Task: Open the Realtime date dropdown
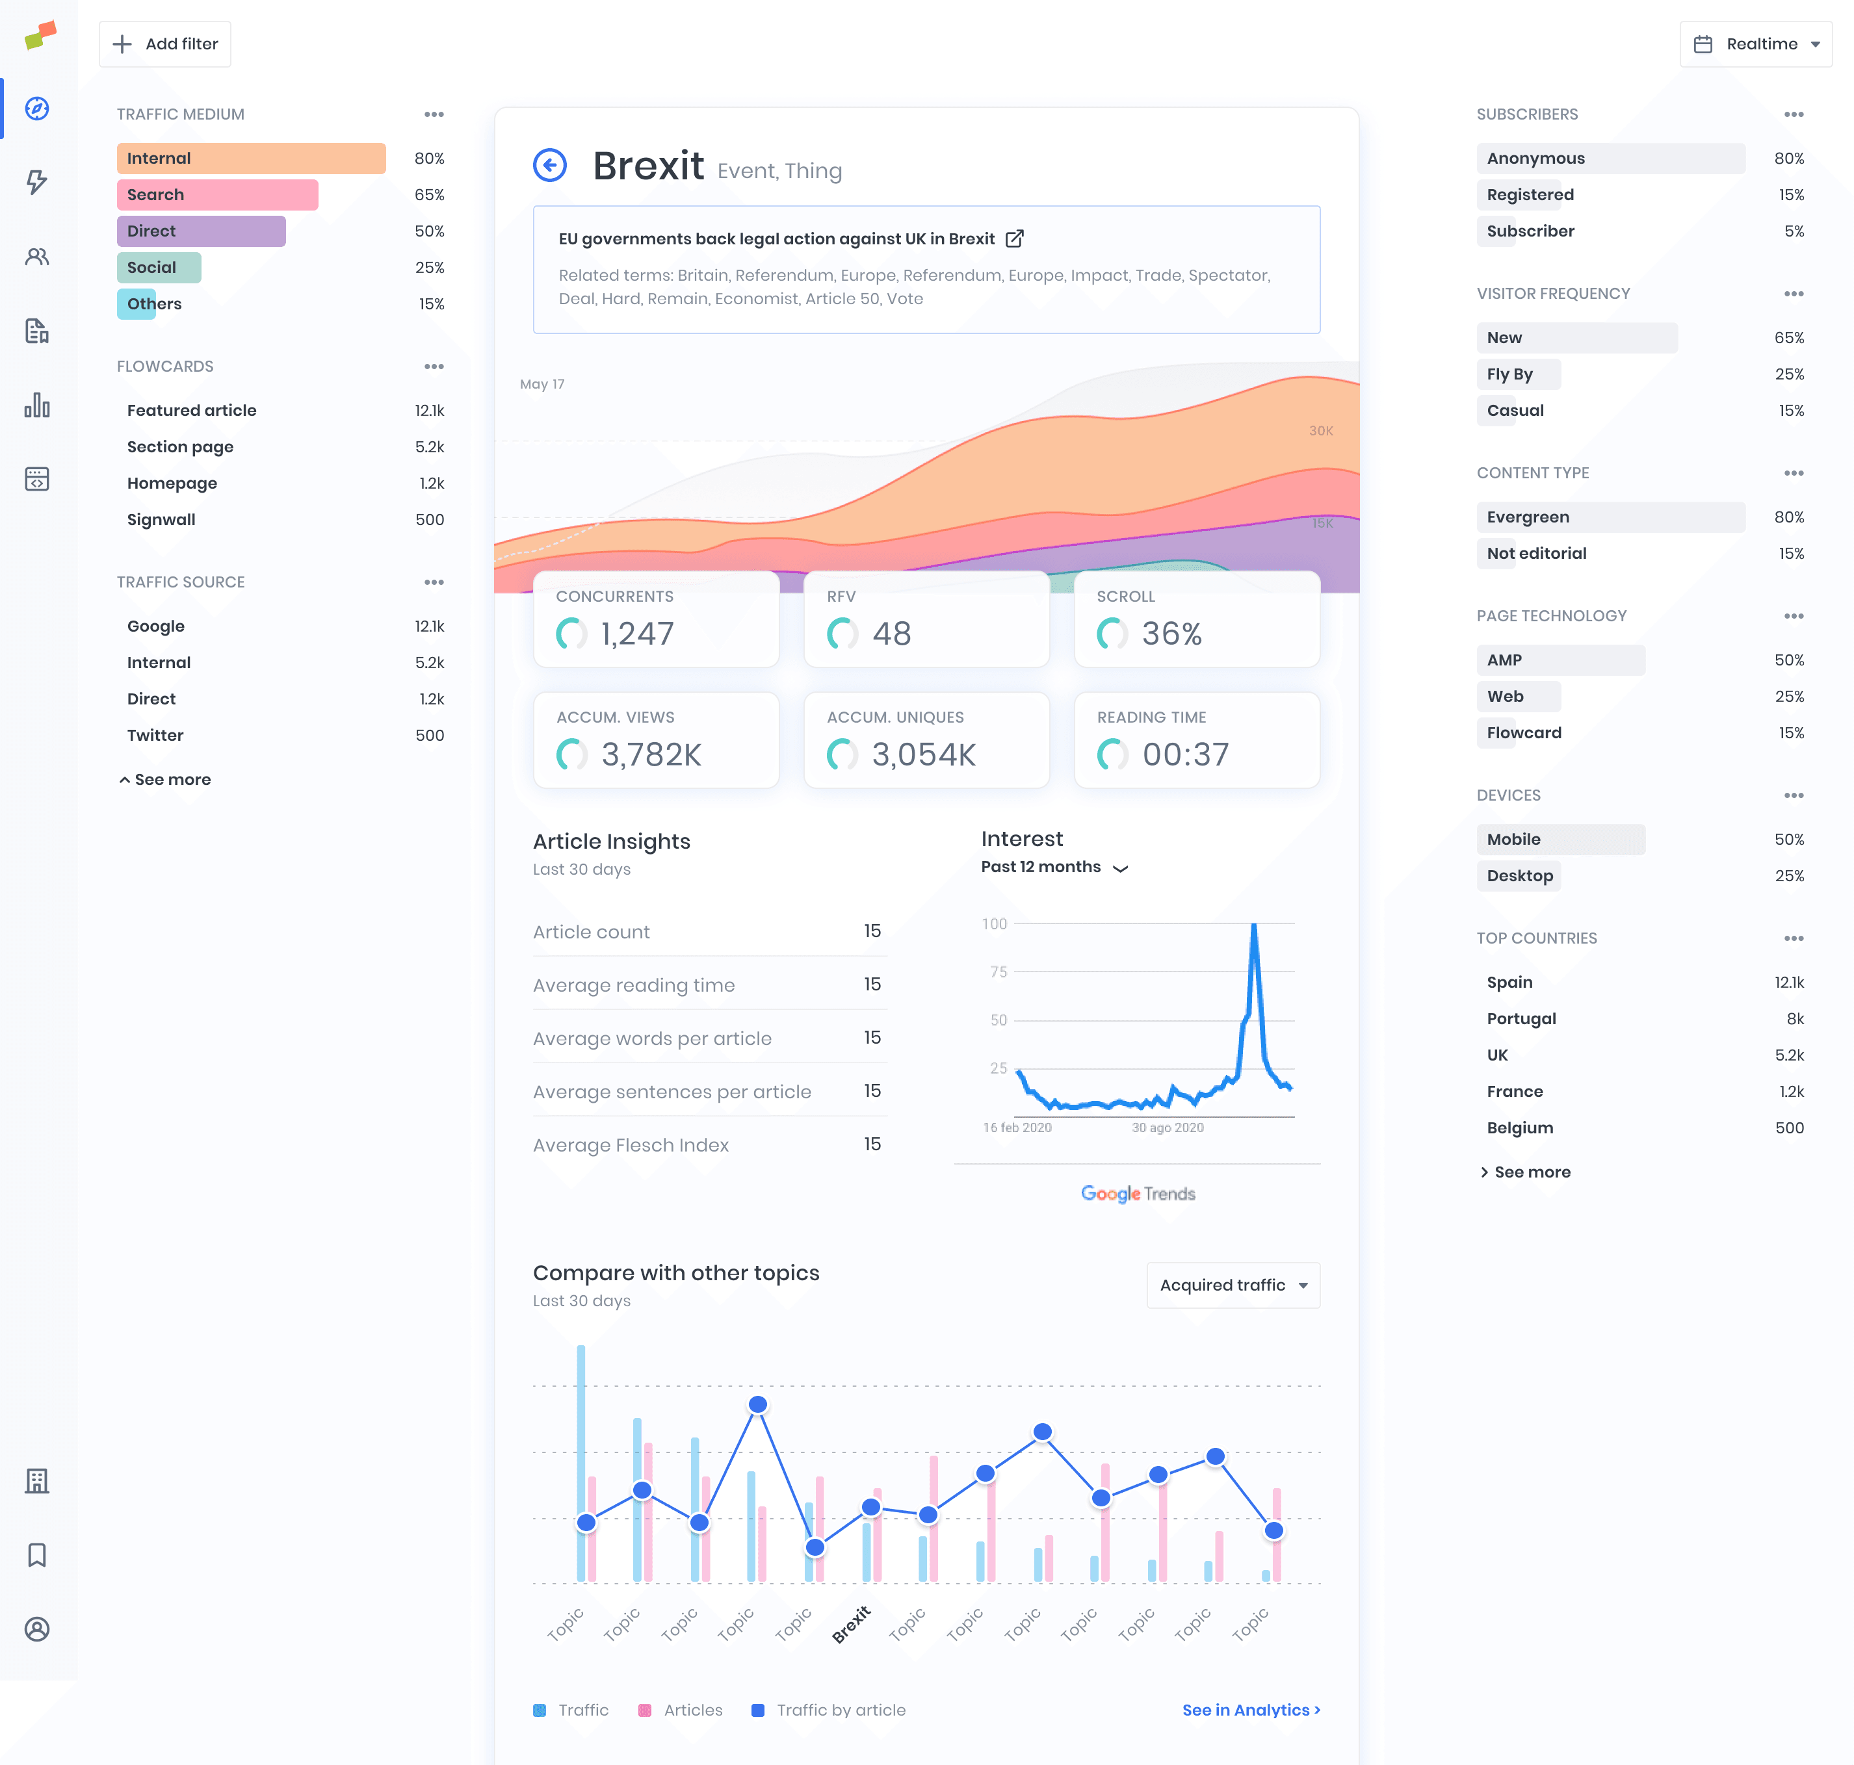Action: coord(1755,44)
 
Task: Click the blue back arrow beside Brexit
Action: coord(549,166)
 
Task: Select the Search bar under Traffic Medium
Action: coord(217,195)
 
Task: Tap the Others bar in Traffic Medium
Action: coord(137,304)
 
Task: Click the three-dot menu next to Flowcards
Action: coord(434,367)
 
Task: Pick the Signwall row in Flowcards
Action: coord(161,519)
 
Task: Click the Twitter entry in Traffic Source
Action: coord(155,736)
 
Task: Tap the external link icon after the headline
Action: coord(1015,239)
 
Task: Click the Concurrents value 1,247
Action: coord(637,634)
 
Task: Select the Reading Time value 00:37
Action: coord(1185,754)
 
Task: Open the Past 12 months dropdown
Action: coord(1054,868)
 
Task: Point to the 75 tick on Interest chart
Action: coord(999,972)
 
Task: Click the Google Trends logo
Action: coord(1137,1194)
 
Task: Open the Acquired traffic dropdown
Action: coord(1233,1285)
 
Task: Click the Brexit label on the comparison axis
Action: coord(851,1625)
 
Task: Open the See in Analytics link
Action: coord(1250,1710)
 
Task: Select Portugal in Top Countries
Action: coord(1521,1019)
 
